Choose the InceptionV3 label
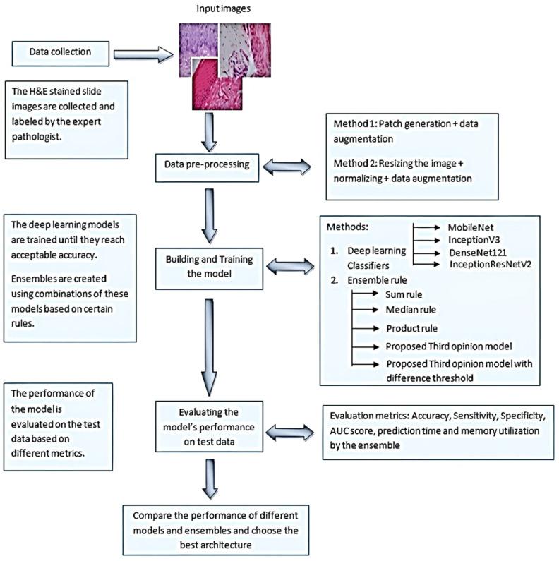pyautogui.click(x=472, y=240)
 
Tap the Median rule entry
pyautogui.click(x=411, y=310)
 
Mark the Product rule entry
pyautogui.click(x=413, y=328)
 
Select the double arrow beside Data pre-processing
pyautogui.click(x=286, y=167)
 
